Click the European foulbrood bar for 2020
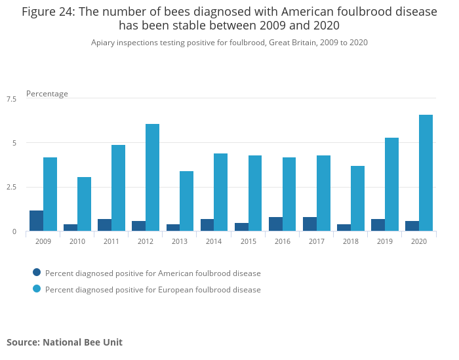pyautogui.click(x=426, y=173)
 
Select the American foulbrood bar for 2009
pyautogui.click(x=37, y=221)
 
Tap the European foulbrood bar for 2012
pyautogui.click(x=152, y=178)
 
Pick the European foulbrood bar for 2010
pyautogui.click(x=84, y=204)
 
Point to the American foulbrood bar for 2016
pyautogui.click(x=275, y=224)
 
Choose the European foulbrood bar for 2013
pyautogui.click(x=186, y=201)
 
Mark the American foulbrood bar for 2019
pyautogui.click(x=378, y=225)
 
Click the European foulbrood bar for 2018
pyautogui.click(x=357, y=199)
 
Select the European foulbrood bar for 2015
pyautogui.click(x=255, y=193)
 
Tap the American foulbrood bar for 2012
pyautogui.click(x=139, y=226)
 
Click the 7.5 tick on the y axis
pyautogui.click(x=12, y=99)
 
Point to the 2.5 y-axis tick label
pyautogui.click(x=12, y=188)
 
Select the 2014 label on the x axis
pyautogui.click(x=214, y=241)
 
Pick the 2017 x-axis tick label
pyautogui.click(x=316, y=241)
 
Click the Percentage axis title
pyautogui.click(x=47, y=94)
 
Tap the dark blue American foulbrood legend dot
pyautogui.click(x=37, y=272)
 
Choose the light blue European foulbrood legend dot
pyautogui.click(x=37, y=289)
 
